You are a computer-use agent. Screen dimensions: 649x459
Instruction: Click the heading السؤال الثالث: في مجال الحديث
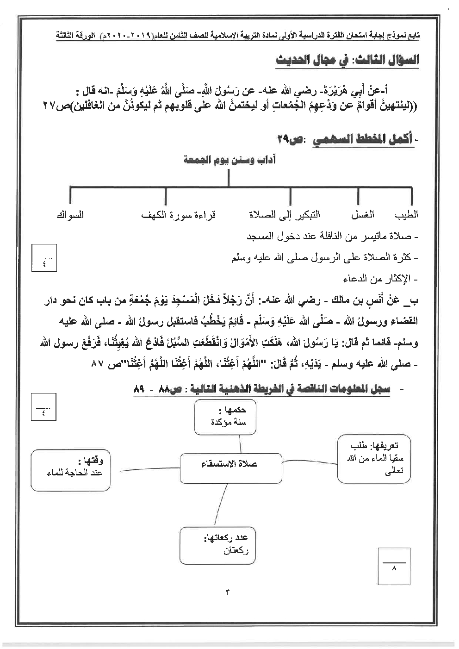click(x=347, y=61)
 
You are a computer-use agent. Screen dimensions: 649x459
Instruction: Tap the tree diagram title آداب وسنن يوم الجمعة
click(x=229, y=160)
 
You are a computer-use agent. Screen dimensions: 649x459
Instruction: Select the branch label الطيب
click(x=406, y=214)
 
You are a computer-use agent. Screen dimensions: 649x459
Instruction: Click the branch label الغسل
click(x=363, y=214)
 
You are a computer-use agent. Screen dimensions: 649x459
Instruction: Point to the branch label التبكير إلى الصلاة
click(x=284, y=214)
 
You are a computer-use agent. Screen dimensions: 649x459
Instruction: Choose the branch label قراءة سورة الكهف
click(x=179, y=215)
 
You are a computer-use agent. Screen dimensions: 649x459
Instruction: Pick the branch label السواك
click(x=69, y=215)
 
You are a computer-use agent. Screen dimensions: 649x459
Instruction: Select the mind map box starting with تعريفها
click(x=374, y=458)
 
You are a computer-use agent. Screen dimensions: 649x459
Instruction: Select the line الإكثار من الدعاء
click(x=381, y=279)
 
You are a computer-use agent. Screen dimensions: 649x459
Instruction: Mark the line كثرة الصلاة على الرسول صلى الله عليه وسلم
click(x=324, y=257)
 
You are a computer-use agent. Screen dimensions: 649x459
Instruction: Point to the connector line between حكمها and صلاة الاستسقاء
click(x=240, y=444)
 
